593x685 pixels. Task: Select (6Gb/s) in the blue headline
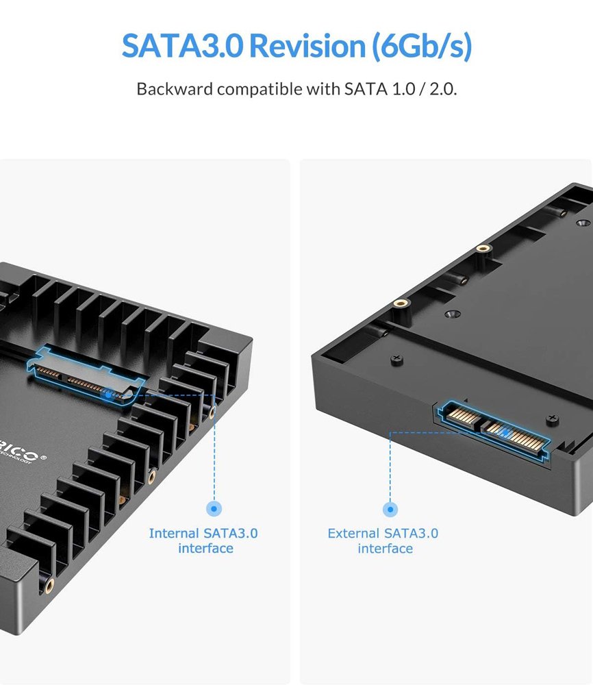point(422,46)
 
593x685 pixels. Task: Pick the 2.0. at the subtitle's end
point(443,89)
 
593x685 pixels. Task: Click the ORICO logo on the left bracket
point(21,455)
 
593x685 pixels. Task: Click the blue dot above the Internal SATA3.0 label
point(214,508)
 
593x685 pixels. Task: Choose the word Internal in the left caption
point(175,533)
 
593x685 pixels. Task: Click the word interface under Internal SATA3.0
point(205,548)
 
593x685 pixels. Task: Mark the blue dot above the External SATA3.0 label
point(390,509)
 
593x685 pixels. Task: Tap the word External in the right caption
point(354,533)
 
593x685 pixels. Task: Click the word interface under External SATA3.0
point(385,548)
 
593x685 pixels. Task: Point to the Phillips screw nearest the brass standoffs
point(395,358)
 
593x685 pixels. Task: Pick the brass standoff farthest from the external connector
point(484,249)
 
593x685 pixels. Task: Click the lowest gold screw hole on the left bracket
point(49,584)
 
